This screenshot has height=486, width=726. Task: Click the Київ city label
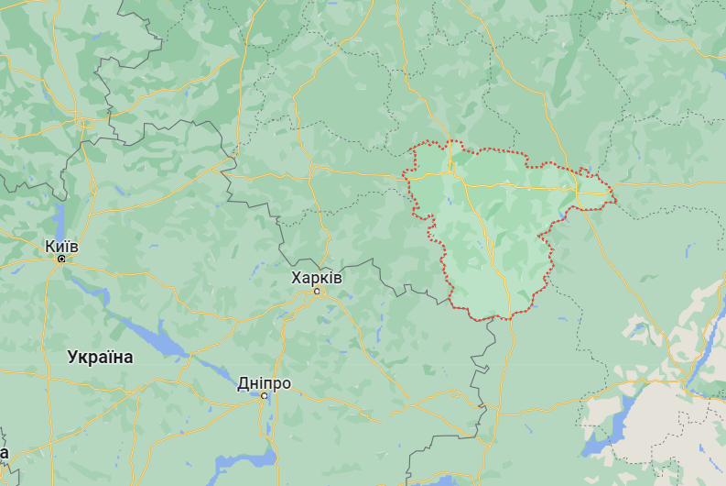tap(61, 247)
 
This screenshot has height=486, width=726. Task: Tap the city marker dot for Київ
tap(61, 260)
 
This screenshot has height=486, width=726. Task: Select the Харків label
tap(316, 278)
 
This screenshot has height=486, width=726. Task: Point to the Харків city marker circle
tap(318, 292)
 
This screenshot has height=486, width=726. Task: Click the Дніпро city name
tap(264, 382)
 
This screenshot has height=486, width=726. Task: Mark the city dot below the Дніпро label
tap(264, 396)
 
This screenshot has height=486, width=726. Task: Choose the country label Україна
tap(100, 358)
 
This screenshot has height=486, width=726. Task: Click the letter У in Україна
tap(73, 358)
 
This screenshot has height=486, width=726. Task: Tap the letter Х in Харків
tap(296, 278)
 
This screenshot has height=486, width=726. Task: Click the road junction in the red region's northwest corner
tap(451, 171)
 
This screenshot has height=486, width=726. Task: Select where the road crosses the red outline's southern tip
tap(501, 316)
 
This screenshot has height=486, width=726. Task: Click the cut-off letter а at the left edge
tap(4, 453)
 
